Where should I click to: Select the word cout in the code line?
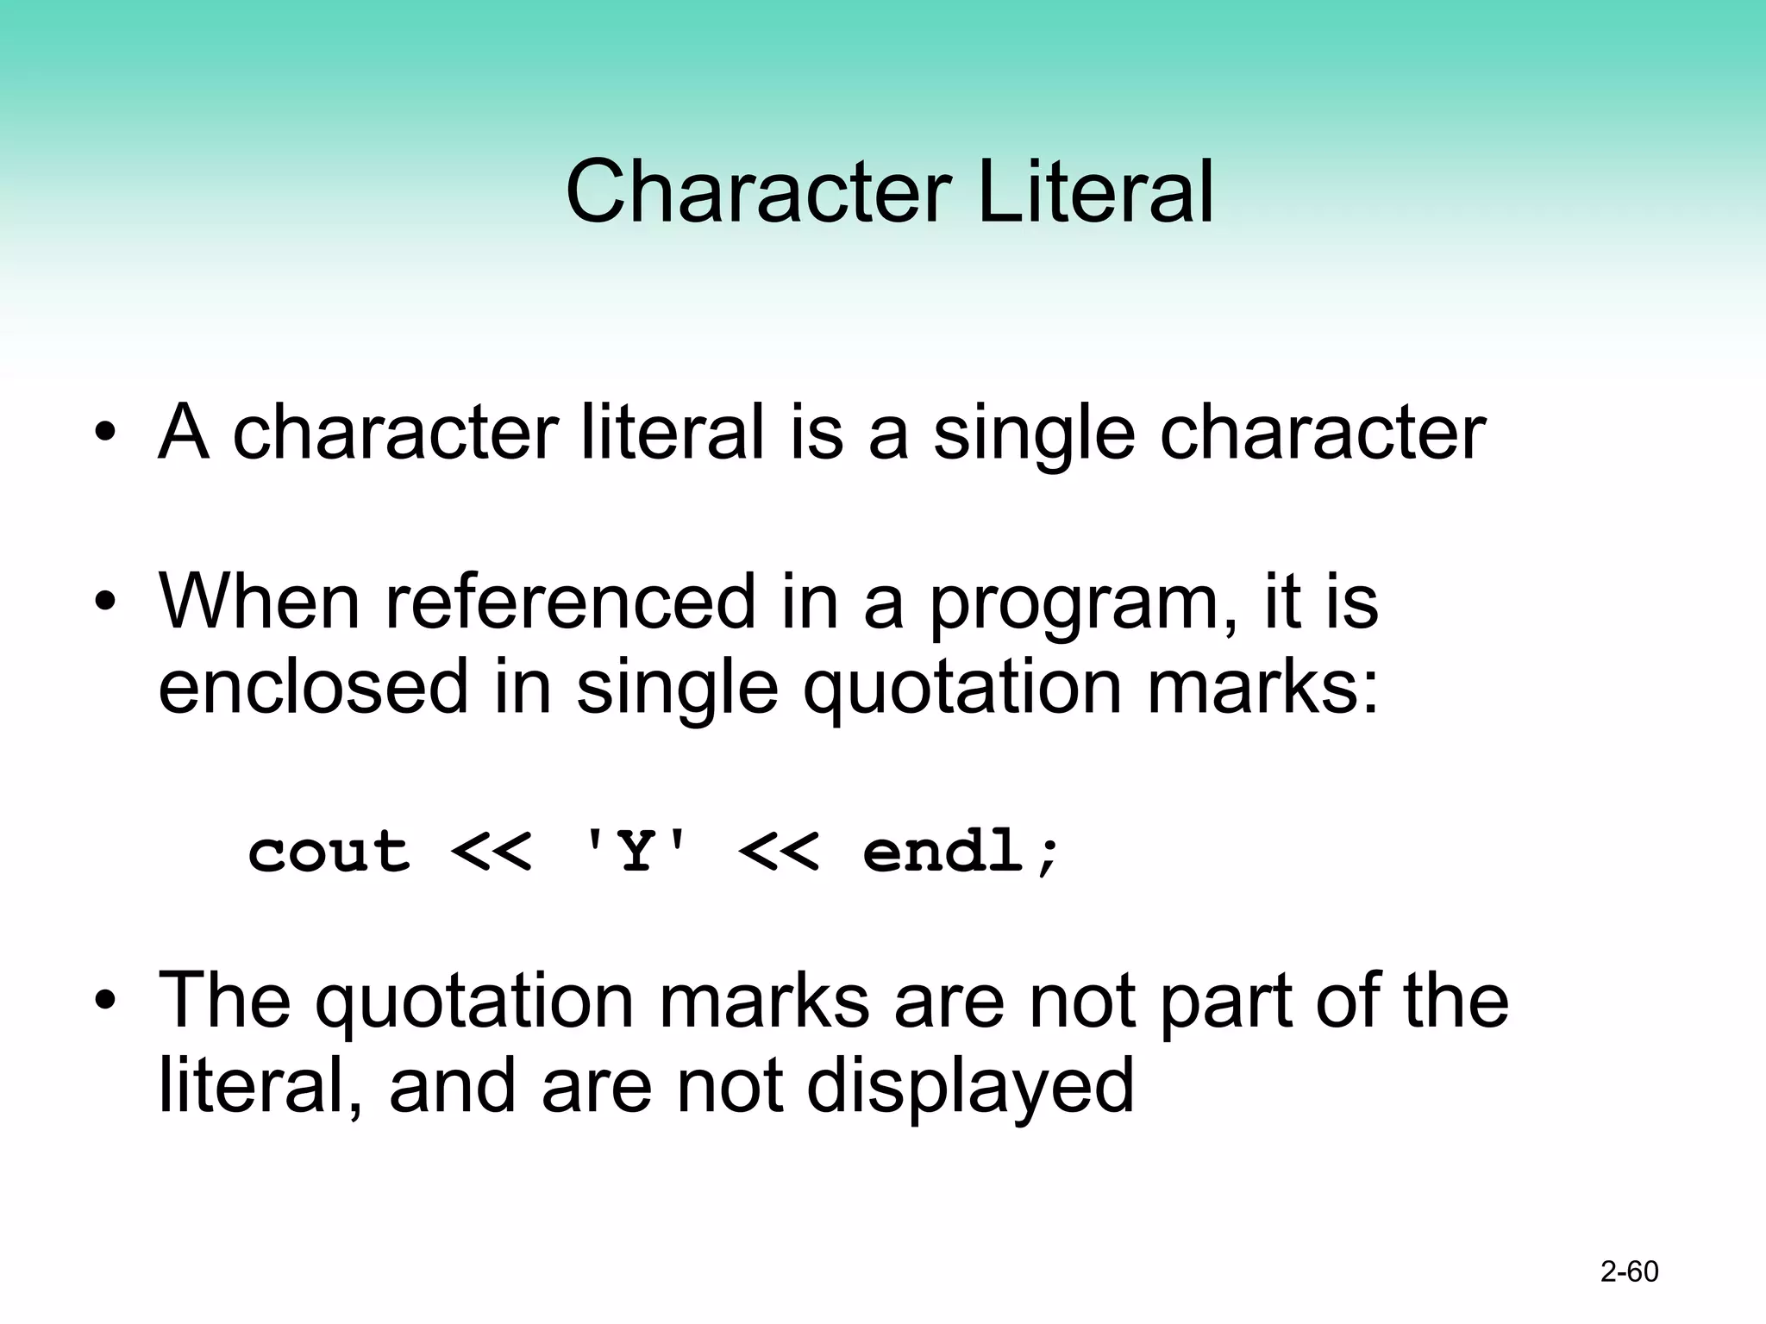[329, 852]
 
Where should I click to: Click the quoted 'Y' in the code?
[636, 852]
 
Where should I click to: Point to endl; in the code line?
[961, 852]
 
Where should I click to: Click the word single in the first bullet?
[1035, 434]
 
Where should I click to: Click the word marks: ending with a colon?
[1263, 687]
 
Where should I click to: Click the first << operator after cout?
[492, 852]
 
